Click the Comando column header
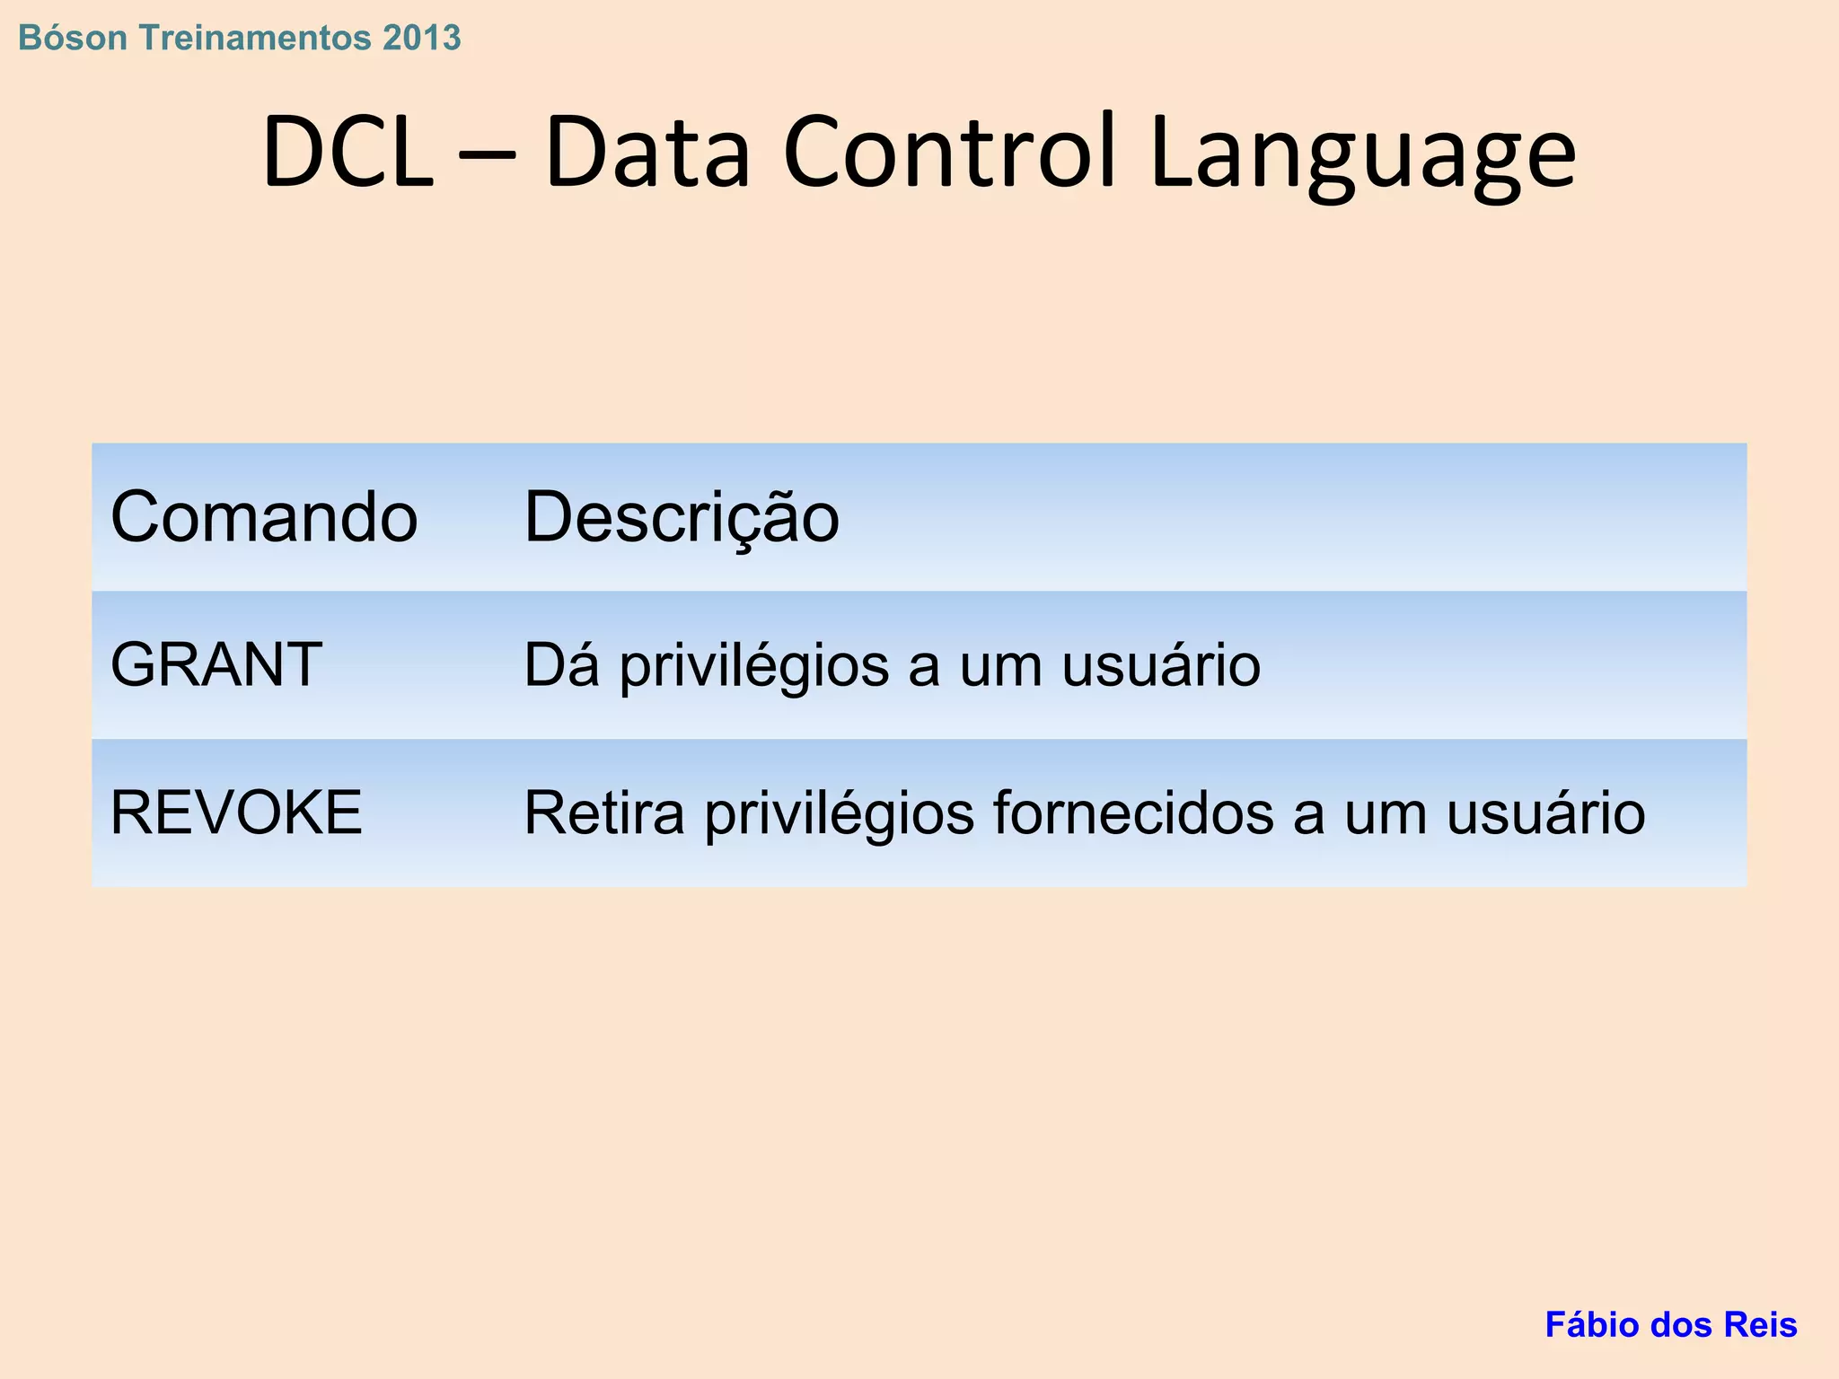click(x=264, y=518)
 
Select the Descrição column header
click(x=682, y=518)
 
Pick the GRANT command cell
click(x=216, y=665)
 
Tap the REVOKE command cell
click(x=236, y=813)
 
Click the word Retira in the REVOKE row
click(x=604, y=813)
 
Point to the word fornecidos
click(x=1133, y=813)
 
